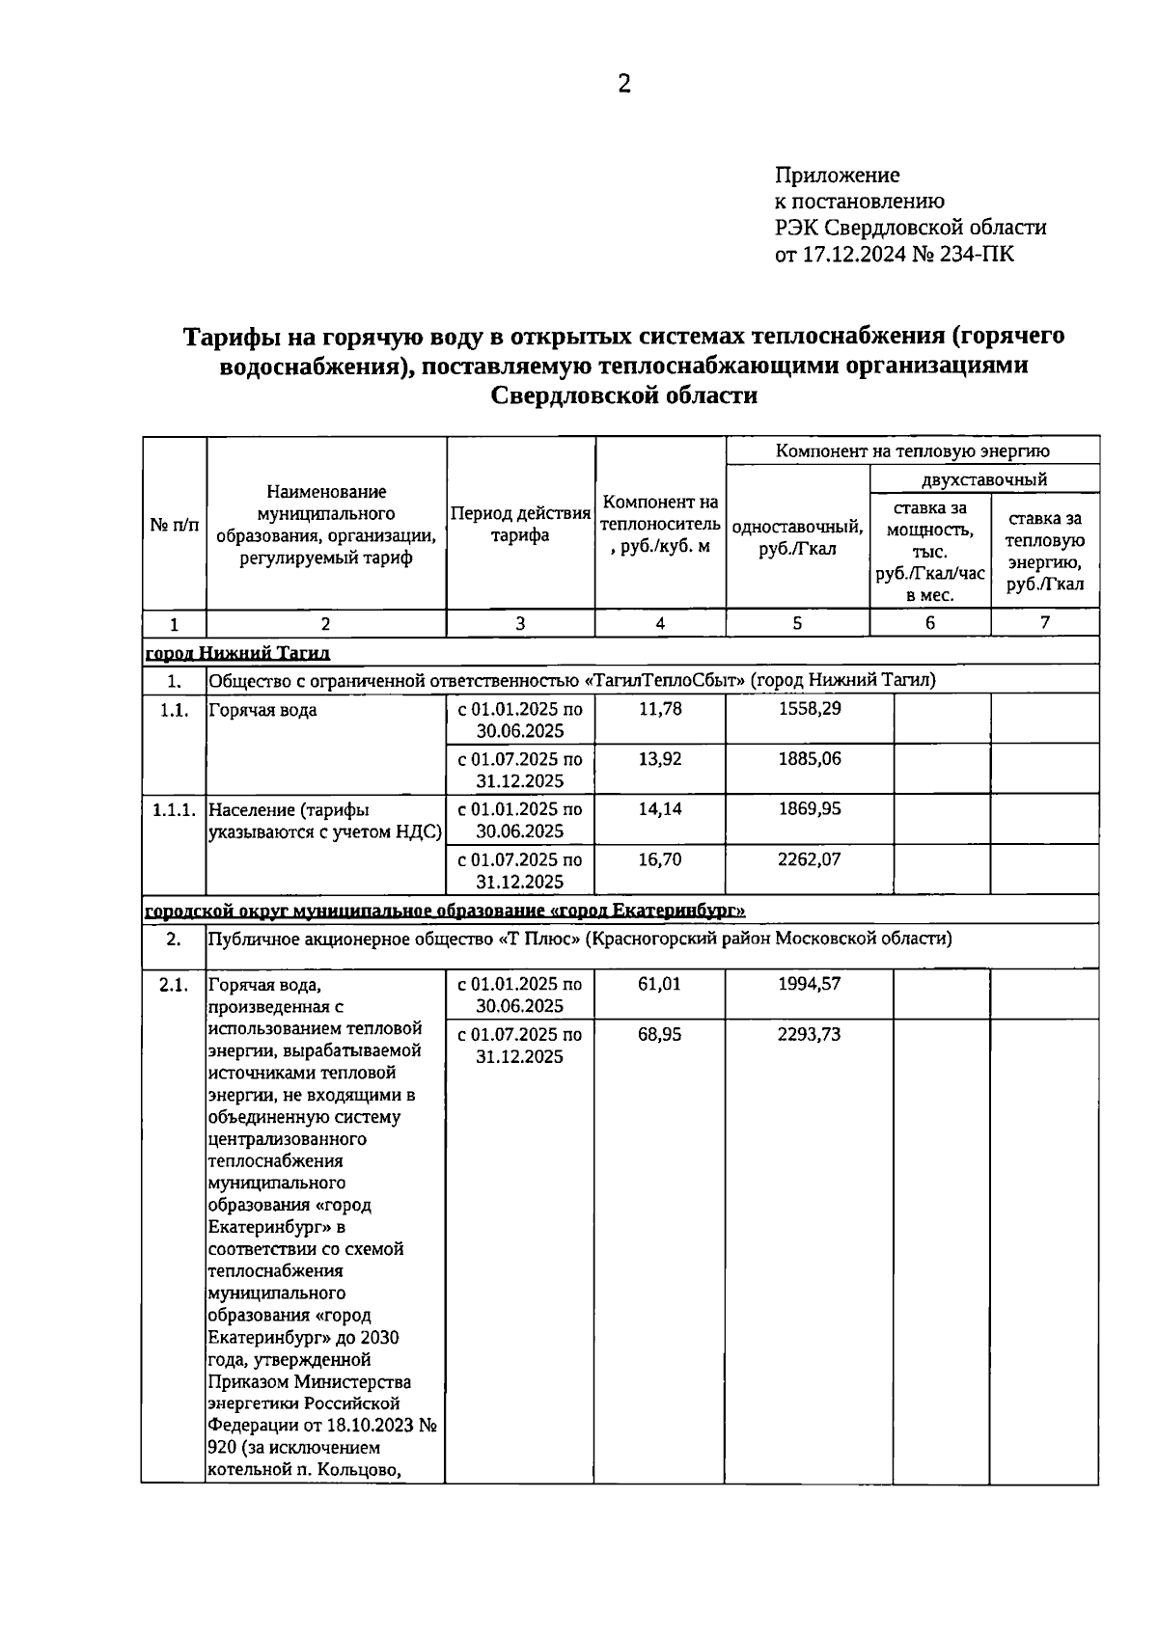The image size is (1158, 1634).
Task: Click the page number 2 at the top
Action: click(x=624, y=85)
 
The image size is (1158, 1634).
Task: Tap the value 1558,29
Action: click(x=809, y=709)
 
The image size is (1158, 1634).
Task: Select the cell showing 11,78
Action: click(x=660, y=709)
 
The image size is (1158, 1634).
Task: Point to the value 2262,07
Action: click(x=809, y=858)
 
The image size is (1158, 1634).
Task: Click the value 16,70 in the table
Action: click(x=660, y=858)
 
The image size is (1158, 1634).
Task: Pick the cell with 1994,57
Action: click(x=809, y=984)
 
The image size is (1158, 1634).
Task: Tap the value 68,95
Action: click(x=660, y=1034)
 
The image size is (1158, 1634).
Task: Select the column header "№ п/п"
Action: click(x=175, y=526)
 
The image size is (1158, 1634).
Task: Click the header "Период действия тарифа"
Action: click(x=520, y=525)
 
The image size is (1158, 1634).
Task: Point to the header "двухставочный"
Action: click(x=983, y=479)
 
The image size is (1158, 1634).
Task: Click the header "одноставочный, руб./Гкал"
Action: click(x=797, y=537)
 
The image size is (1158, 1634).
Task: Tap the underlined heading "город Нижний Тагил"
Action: click(x=237, y=653)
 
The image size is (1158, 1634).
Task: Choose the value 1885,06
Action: click(x=809, y=759)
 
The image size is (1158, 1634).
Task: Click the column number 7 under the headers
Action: click(x=1044, y=623)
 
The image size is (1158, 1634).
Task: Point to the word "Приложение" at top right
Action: click(x=837, y=175)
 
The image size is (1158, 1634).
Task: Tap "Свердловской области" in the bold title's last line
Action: click(x=623, y=395)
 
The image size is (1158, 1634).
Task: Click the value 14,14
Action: click(x=660, y=809)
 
